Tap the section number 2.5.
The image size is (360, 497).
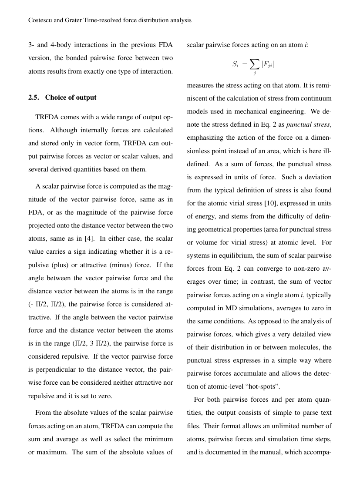tap(34, 97)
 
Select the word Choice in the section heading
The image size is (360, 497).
tap(55, 97)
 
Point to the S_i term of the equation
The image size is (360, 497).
tap(235, 65)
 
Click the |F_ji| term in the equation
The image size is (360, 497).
tap(267, 65)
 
